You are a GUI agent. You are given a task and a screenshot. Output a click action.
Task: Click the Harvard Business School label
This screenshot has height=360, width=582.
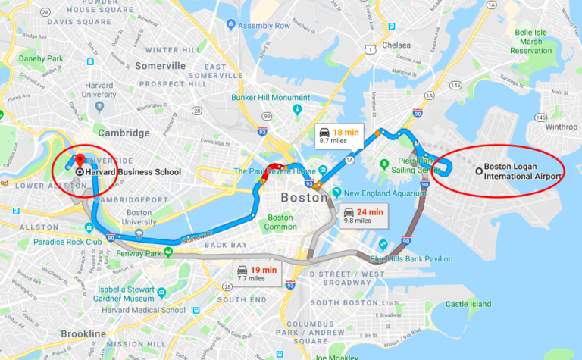tap(133, 172)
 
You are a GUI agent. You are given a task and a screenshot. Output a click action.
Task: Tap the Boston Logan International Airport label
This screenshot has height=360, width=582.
tap(523, 171)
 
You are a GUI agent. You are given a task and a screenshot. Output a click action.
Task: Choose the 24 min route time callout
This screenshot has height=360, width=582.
tap(361, 216)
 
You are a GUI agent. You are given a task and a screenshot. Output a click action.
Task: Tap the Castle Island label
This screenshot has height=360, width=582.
tap(468, 304)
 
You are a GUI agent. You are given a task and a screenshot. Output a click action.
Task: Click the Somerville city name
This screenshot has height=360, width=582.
tap(160, 66)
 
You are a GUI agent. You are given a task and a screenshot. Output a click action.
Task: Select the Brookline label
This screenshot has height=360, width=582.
tap(83, 334)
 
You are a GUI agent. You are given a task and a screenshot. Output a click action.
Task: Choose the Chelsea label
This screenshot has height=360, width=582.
tap(395, 45)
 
